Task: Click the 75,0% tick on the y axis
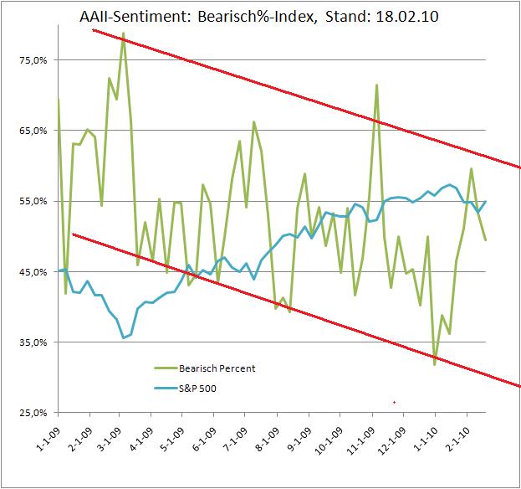[x=33, y=60]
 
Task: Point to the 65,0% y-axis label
[x=33, y=131]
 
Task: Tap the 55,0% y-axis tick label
[x=33, y=202]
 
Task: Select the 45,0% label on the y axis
[x=33, y=272]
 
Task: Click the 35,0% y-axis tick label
[x=33, y=342]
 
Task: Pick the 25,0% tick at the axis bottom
[x=33, y=413]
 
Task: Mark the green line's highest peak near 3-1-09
[x=123, y=33]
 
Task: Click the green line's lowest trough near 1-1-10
[x=435, y=364]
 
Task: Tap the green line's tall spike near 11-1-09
[x=377, y=85]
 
